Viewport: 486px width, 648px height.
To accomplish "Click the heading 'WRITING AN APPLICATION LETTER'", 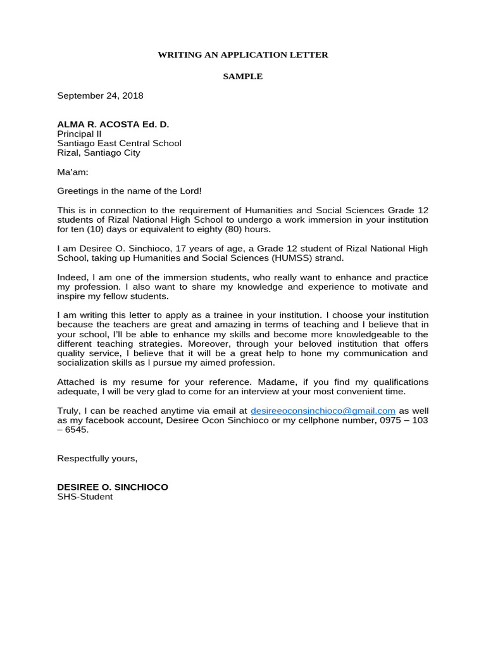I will tap(243, 55).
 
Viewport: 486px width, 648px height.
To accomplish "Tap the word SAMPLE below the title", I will tap(242, 77).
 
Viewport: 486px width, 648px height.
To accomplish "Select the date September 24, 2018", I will tap(100, 96).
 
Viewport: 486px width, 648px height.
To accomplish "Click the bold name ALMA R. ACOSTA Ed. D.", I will tap(113, 125).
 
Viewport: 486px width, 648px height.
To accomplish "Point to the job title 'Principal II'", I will tap(79, 134).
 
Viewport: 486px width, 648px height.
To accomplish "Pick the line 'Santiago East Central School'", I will tap(119, 144).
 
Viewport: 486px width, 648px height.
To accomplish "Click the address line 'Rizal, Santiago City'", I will tap(99, 153).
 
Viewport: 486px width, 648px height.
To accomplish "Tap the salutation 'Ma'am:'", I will tap(73, 172).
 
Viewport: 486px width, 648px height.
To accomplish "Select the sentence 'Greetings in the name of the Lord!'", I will tap(129, 191).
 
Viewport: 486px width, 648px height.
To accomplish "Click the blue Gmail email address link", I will tap(323, 411).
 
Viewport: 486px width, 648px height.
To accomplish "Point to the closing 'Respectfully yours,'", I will tap(97, 458).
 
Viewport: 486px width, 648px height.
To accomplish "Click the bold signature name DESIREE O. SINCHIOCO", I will tap(113, 487).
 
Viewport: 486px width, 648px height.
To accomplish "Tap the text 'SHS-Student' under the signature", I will tap(85, 497).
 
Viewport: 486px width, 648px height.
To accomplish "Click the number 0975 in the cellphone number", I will tap(380, 420).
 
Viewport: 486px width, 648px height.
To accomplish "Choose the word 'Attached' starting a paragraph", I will tap(76, 382).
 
